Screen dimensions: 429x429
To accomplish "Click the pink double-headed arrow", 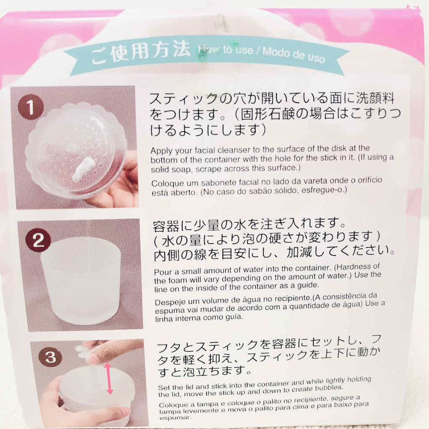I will coord(109,378).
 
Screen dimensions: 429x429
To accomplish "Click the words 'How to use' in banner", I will coord(227,50).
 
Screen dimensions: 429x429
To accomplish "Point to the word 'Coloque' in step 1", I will coord(165,183).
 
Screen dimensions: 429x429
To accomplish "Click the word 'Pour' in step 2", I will coord(161,271).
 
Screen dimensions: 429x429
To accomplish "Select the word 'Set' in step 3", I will coord(163,387).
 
